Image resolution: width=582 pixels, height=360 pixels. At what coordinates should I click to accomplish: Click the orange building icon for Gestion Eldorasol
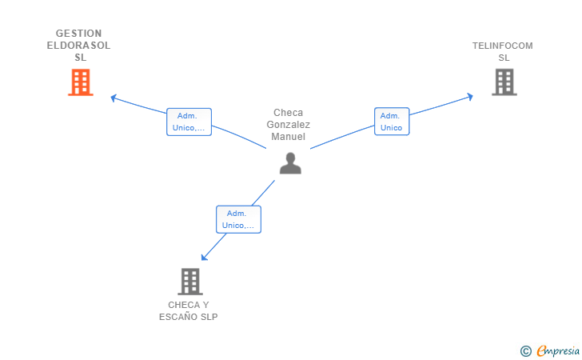[81, 82]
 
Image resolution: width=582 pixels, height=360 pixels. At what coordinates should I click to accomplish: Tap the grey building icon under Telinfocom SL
[504, 82]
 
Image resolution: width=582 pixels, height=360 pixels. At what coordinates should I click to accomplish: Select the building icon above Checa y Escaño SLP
[190, 282]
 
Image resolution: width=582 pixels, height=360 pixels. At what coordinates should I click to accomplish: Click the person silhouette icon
[290, 163]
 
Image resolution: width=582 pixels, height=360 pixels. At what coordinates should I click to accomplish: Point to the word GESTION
[78, 34]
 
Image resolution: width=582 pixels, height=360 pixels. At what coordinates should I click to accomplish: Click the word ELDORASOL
[78, 46]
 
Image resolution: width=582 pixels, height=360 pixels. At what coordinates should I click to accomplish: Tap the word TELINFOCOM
[503, 46]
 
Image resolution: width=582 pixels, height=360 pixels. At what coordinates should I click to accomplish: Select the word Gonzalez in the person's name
[289, 125]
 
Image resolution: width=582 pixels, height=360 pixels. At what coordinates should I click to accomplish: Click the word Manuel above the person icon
[289, 136]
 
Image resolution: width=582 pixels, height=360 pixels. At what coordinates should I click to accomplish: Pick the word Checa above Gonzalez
[289, 113]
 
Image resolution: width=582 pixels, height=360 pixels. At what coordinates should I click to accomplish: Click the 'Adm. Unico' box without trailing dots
[392, 122]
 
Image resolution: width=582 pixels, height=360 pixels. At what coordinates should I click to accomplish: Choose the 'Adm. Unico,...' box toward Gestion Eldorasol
[189, 122]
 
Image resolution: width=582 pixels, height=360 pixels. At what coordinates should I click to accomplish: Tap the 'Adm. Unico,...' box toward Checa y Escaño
[239, 219]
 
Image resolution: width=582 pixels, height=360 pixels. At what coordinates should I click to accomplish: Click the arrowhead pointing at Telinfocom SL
[470, 97]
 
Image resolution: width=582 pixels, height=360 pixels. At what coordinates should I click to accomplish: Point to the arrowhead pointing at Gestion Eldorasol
[114, 98]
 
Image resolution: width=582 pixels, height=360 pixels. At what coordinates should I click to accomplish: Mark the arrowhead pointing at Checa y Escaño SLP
[204, 257]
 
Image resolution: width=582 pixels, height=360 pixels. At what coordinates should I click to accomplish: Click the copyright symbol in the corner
[526, 351]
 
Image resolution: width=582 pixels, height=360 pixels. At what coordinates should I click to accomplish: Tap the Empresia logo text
[558, 350]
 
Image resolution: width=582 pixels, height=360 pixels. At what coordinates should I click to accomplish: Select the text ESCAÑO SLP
[189, 317]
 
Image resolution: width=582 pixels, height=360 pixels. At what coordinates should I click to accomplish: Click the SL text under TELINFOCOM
[504, 58]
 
